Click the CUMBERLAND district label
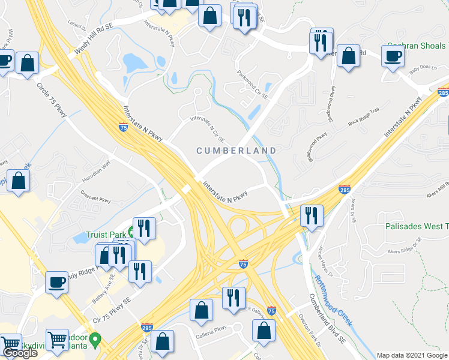pyautogui.click(x=237, y=151)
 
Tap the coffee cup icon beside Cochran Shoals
pyautogui.click(x=393, y=57)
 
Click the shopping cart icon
pyautogui.click(x=58, y=340)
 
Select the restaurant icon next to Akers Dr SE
pyautogui.click(x=311, y=215)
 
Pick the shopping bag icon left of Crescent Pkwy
pyautogui.click(x=19, y=181)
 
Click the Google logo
pyautogui.click(x=20, y=353)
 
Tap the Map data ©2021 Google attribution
pyautogui.click(x=411, y=356)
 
